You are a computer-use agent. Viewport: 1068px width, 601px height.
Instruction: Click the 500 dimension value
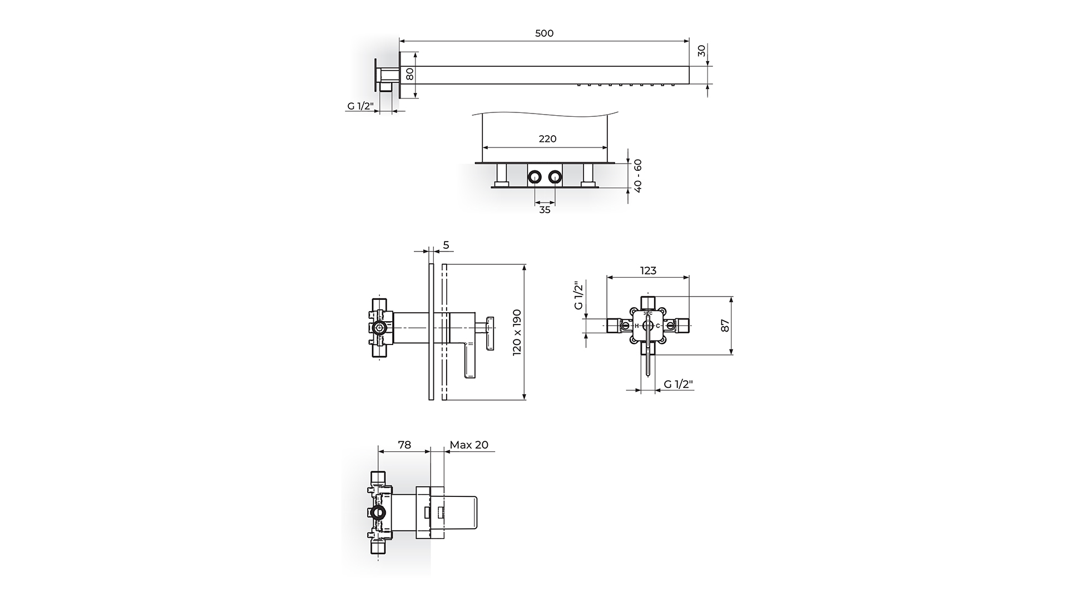click(544, 33)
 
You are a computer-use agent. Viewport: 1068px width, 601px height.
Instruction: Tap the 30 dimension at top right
click(701, 50)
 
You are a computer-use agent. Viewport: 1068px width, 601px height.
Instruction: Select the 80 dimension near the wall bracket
click(410, 74)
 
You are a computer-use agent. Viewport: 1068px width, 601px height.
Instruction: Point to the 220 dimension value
click(547, 139)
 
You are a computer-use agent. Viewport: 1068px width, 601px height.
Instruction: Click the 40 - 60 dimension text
click(638, 176)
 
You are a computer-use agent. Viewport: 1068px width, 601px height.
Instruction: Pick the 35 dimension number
click(545, 210)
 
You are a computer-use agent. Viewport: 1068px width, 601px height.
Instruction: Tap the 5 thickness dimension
click(446, 245)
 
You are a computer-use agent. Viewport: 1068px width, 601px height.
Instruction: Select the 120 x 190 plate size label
click(517, 332)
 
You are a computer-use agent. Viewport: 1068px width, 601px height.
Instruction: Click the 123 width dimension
click(648, 270)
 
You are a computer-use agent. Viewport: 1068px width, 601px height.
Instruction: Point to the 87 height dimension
click(725, 326)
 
